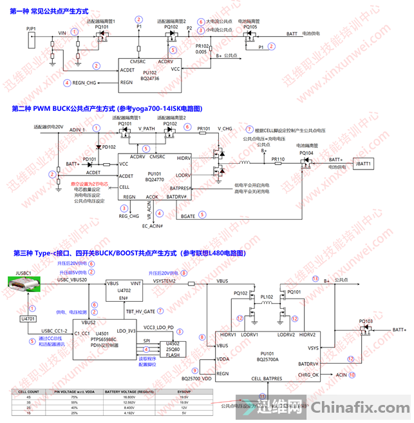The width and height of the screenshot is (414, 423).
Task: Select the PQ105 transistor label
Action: (250, 27)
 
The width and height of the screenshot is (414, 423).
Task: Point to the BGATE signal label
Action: (188, 216)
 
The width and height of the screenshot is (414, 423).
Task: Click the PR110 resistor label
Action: (278, 158)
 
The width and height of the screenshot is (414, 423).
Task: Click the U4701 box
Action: (28, 319)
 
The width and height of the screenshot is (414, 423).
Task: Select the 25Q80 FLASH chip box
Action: (173, 349)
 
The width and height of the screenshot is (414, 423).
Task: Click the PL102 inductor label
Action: (267, 297)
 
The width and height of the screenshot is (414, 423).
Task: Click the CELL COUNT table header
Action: (28, 391)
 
